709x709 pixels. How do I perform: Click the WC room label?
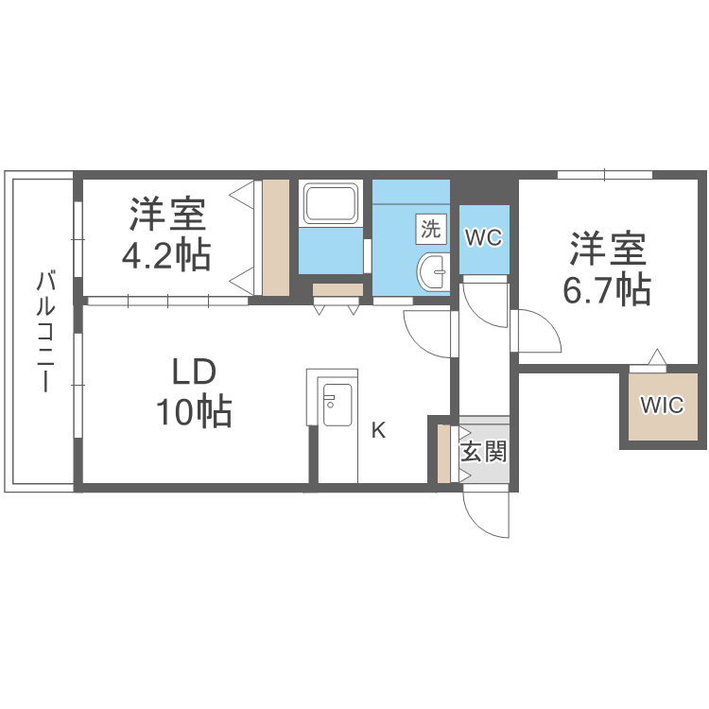point(482,238)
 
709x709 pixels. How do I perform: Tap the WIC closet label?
point(662,406)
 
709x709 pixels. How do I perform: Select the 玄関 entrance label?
point(483,451)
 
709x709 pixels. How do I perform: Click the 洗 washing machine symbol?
point(431,228)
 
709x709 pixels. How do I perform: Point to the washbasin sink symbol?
point(434,271)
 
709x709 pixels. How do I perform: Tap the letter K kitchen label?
point(378,431)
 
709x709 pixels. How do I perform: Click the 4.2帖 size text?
point(167,255)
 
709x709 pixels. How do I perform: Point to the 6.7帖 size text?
point(607,290)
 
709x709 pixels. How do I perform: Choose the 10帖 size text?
point(194,411)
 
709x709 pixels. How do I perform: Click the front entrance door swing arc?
point(484,515)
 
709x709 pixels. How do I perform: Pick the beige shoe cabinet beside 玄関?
point(443,455)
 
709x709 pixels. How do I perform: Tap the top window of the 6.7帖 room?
point(604,174)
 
